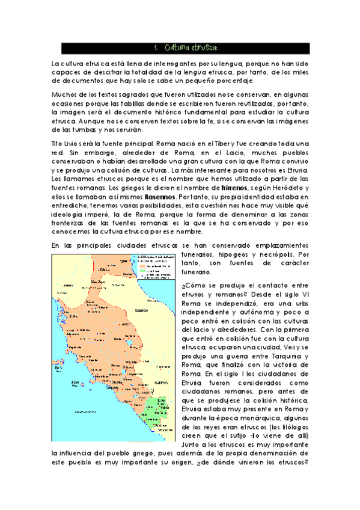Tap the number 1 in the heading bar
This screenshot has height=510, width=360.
[156, 47]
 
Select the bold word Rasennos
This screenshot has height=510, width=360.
[160, 196]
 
